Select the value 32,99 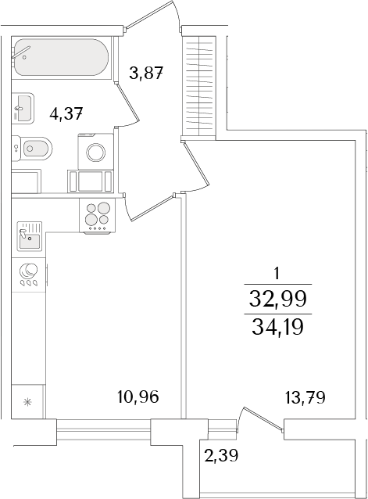coord(277,297)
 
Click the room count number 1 coord(277,274)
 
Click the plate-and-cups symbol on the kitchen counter coord(29,274)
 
